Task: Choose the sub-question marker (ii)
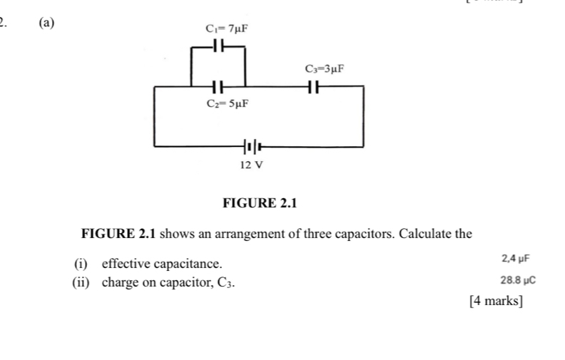coord(83,282)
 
